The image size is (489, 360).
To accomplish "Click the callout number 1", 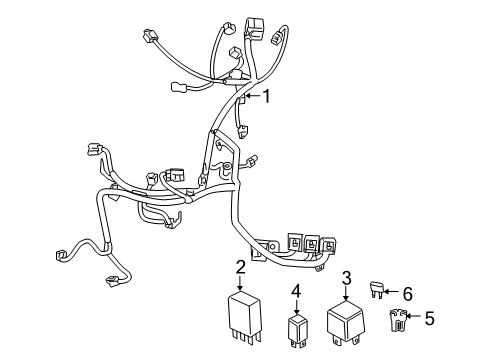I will (267, 96).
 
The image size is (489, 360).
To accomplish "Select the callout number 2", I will (240, 266).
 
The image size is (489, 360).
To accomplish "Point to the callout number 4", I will (296, 291).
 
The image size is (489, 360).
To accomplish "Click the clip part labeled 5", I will (398, 322).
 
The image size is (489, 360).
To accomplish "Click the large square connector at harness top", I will (249, 23).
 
